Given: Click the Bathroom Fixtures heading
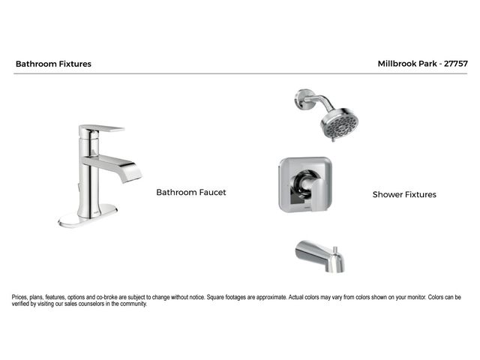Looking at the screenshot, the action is [53, 64].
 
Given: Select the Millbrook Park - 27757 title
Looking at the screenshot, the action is [423, 64].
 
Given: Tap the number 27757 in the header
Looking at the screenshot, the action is [456, 64].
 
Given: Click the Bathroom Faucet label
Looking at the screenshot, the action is [191, 192].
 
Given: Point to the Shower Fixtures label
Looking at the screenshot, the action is [404, 194].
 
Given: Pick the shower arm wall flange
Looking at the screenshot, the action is [303, 98].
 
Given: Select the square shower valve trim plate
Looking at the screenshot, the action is [305, 184].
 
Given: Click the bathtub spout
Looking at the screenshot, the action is [320, 256].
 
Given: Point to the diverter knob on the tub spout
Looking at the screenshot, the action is [335, 250].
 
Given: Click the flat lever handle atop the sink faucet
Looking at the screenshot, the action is [102, 128].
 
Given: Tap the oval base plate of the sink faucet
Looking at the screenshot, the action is [88, 216].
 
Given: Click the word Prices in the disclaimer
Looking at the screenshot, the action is [20, 297].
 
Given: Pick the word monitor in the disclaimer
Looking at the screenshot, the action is [417, 297].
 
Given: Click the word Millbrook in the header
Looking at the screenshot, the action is [397, 64].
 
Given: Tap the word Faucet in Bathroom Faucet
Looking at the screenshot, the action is [212, 192].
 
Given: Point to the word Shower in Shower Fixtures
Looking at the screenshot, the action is [387, 194].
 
